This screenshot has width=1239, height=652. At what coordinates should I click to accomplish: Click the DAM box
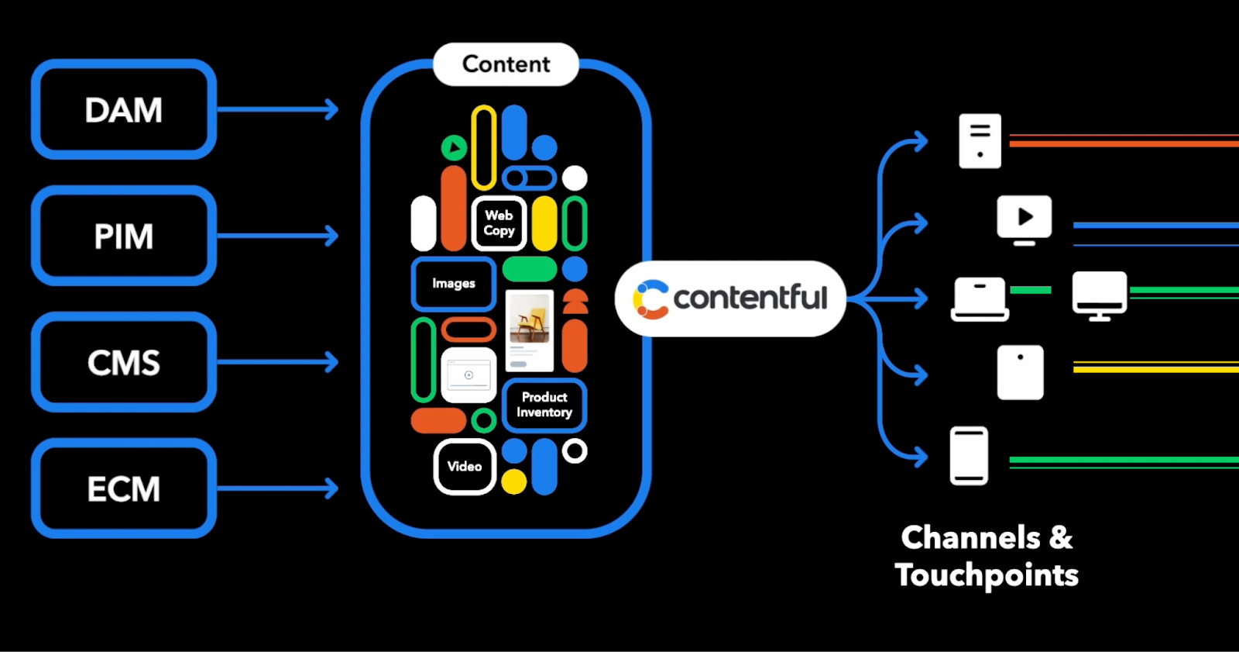tap(124, 109)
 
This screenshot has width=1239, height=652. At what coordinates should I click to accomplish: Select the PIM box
tap(124, 236)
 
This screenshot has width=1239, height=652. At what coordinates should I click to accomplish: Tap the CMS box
tap(124, 362)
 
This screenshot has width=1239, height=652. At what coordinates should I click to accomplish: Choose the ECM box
tap(124, 488)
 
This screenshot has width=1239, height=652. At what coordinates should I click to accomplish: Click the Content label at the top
tap(506, 64)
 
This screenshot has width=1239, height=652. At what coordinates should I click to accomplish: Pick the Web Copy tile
tap(499, 223)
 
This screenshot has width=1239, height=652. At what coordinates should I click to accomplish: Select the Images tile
tap(454, 284)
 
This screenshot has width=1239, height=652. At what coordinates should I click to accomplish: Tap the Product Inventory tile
tap(544, 405)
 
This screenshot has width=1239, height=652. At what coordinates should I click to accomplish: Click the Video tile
tap(465, 467)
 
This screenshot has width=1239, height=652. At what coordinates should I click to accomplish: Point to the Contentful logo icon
tap(650, 300)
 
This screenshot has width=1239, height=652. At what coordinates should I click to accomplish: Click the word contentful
tap(750, 298)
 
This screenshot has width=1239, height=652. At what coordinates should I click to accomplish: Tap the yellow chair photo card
tap(530, 331)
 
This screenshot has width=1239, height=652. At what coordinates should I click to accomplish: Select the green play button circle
tap(454, 148)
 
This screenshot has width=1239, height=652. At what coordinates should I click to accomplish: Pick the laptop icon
tap(980, 299)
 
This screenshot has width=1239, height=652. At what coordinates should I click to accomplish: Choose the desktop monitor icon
tap(1100, 296)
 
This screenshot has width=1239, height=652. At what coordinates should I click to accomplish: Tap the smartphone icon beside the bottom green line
tap(969, 456)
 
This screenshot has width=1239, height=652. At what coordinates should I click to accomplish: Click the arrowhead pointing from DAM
tap(332, 109)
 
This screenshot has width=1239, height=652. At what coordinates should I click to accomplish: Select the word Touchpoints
tap(987, 575)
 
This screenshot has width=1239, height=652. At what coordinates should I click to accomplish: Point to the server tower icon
tap(980, 140)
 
